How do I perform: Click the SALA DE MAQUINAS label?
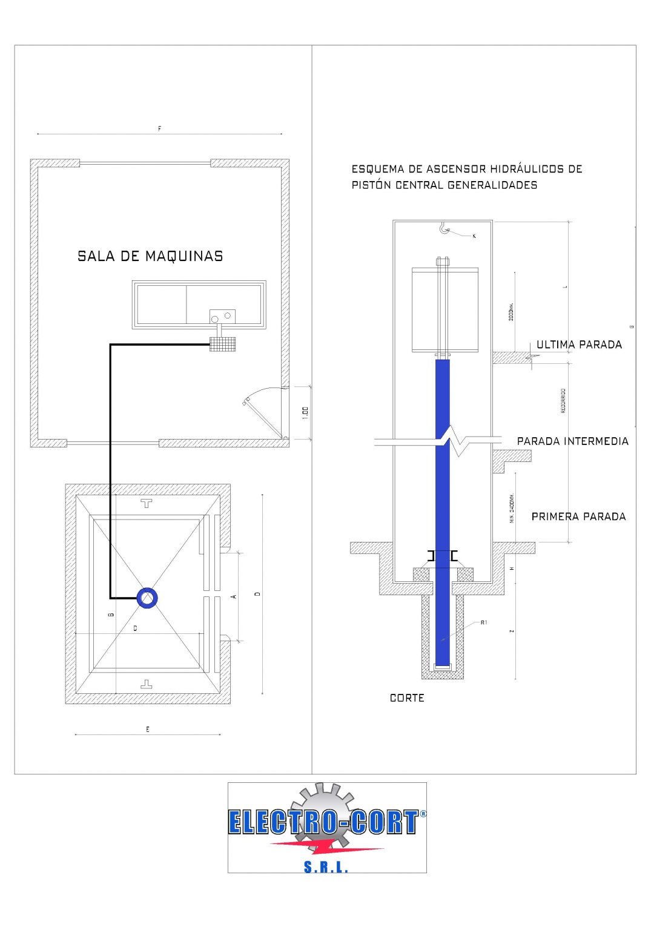(x=150, y=256)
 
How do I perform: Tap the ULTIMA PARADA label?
(x=579, y=345)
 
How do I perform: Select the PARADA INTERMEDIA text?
(x=572, y=441)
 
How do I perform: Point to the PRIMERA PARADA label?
(x=578, y=516)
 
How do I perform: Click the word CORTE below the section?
(x=407, y=698)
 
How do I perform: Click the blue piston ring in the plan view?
(x=147, y=598)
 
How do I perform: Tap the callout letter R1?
(x=484, y=622)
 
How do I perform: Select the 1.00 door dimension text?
(x=305, y=413)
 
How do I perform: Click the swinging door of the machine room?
(x=262, y=415)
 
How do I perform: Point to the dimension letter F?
(x=159, y=128)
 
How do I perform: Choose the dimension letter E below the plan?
(x=147, y=730)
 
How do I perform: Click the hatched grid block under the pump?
(x=222, y=344)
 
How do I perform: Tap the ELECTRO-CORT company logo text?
(x=323, y=822)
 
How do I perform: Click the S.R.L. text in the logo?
(x=326, y=867)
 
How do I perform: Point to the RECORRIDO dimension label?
(x=563, y=401)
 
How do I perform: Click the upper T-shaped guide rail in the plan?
(x=146, y=503)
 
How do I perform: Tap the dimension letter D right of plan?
(x=257, y=594)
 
